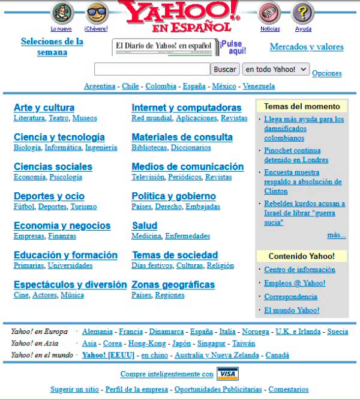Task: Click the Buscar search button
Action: click(x=226, y=70)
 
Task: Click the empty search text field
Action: click(x=152, y=70)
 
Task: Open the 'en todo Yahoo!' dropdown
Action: click(x=276, y=70)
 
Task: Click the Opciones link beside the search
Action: click(x=327, y=73)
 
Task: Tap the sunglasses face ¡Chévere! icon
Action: click(x=97, y=13)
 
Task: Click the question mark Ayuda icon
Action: click(x=303, y=13)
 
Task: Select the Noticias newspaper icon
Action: click(x=269, y=13)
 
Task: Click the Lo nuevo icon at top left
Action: click(x=61, y=13)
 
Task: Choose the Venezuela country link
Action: click(x=259, y=86)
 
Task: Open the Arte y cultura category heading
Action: click(x=44, y=108)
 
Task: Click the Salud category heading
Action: click(x=145, y=226)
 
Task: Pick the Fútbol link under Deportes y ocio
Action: click(x=24, y=207)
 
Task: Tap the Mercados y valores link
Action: click(x=307, y=47)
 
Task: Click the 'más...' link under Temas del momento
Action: click(x=336, y=235)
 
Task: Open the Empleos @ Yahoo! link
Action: click(x=295, y=283)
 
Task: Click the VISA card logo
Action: click(x=227, y=374)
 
